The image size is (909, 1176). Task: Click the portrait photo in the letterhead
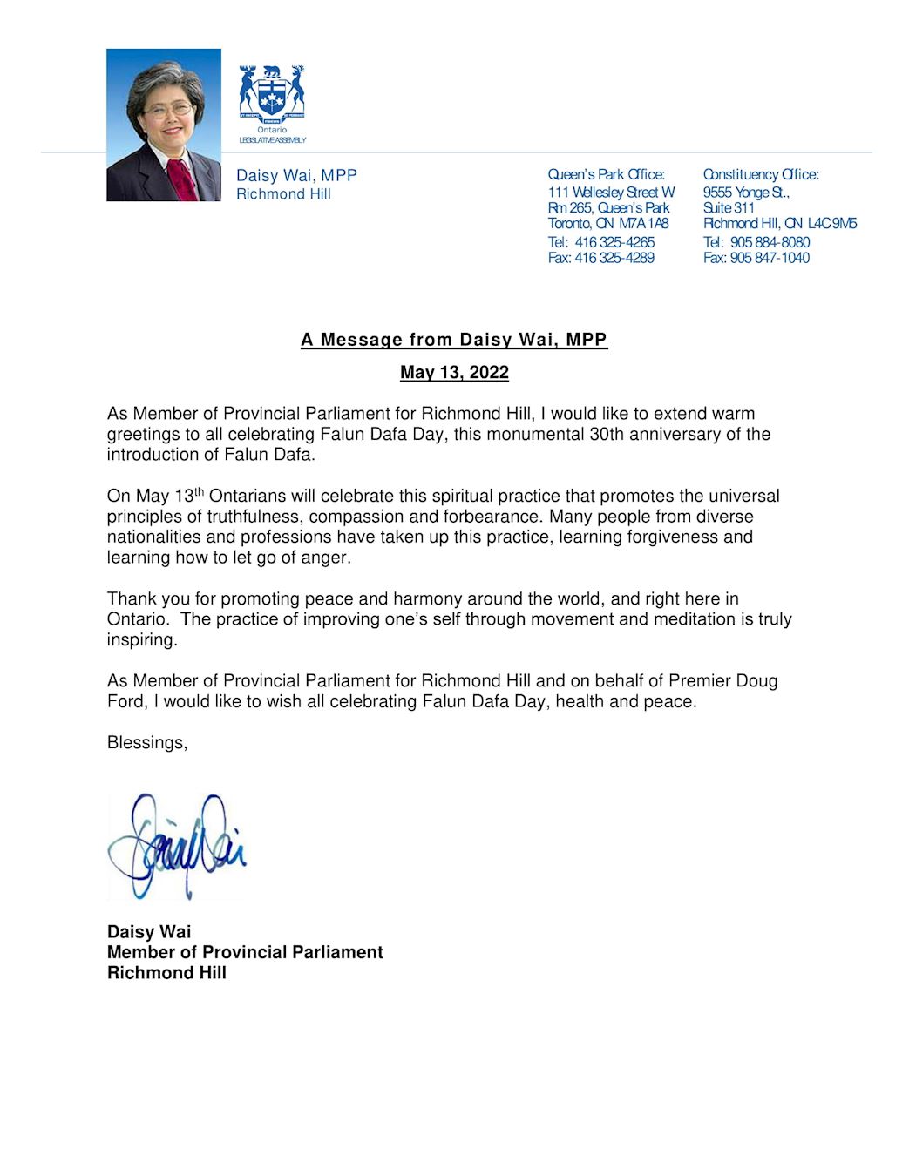(164, 125)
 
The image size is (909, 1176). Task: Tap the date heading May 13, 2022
(454, 373)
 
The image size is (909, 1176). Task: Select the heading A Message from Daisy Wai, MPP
(454, 340)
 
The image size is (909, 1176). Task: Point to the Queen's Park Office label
(606, 175)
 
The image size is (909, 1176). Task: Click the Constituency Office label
(761, 175)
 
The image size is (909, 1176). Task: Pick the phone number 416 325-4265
(614, 242)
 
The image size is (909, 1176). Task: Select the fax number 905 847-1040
(770, 258)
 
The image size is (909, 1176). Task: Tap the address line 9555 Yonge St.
(746, 192)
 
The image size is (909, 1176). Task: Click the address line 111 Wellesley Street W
(611, 192)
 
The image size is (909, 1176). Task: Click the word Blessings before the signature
(146, 743)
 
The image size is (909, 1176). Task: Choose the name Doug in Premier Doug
(756, 681)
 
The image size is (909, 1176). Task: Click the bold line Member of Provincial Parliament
(245, 952)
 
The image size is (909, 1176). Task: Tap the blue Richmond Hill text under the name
(283, 194)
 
